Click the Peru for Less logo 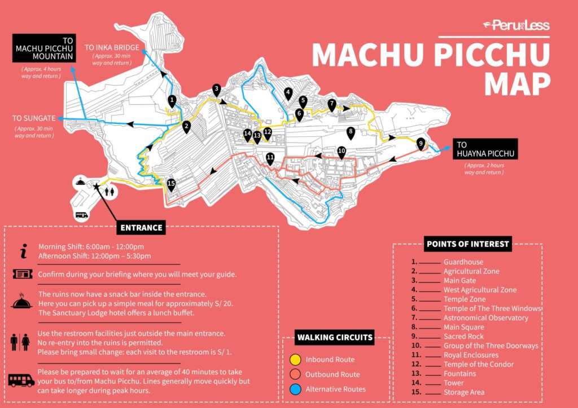pyautogui.click(x=516, y=25)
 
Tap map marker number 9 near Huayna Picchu pyautogui.click(x=421, y=144)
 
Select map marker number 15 pyautogui.click(x=171, y=184)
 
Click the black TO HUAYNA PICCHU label pyautogui.click(x=484, y=149)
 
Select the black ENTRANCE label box pyautogui.click(x=141, y=228)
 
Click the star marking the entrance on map pyautogui.click(x=96, y=186)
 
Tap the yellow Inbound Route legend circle pyautogui.click(x=295, y=360)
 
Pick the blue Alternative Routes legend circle pyautogui.click(x=295, y=389)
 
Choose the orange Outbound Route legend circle pyautogui.click(x=295, y=374)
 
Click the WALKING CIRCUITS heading pyautogui.click(x=335, y=338)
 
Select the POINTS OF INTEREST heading pyautogui.click(x=467, y=244)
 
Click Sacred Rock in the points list pyautogui.click(x=463, y=336)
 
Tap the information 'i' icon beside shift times pyautogui.click(x=23, y=251)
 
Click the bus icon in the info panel pyautogui.click(x=21, y=380)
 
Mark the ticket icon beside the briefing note pyautogui.click(x=21, y=274)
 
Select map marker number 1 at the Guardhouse pyautogui.click(x=172, y=100)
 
